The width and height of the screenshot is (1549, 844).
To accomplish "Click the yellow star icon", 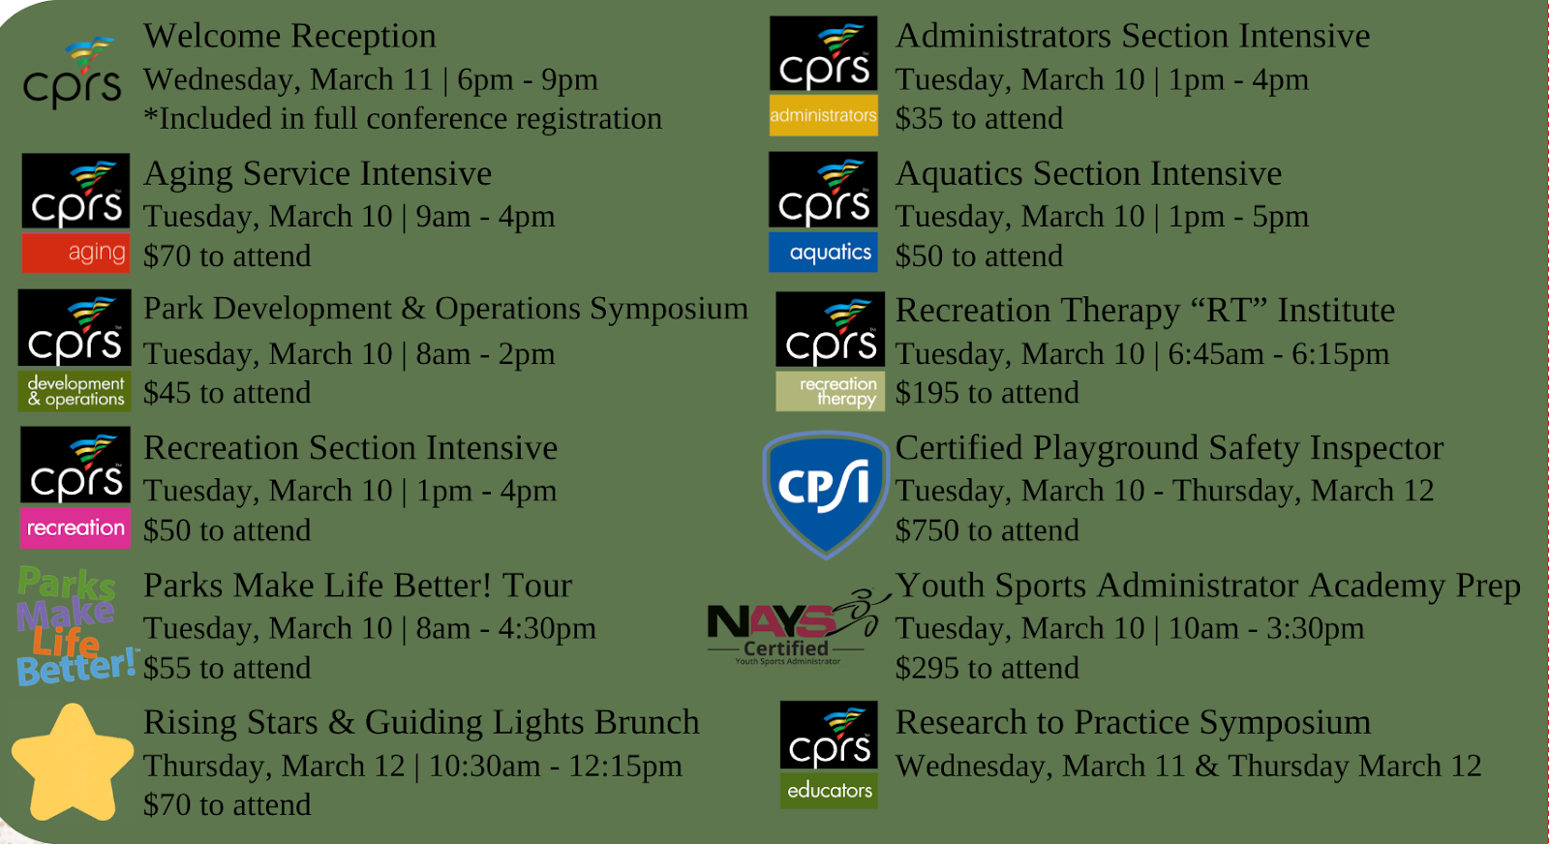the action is tap(73, 764).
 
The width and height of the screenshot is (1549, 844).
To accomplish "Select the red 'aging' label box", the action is tap(76, 253).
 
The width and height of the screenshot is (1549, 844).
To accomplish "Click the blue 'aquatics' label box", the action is tap(823, 252).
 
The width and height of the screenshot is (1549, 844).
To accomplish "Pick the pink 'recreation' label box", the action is tap(76, 528).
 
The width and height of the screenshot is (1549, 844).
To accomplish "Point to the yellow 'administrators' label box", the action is tap(824, 115).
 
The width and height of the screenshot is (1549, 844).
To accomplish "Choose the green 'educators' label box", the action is tap(829, 790).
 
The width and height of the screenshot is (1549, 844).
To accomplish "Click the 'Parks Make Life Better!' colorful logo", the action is tap(75, 626).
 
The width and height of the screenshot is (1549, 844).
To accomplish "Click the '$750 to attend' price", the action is tap(987, 530).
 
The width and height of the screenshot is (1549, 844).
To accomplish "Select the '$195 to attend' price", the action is tap(987, 393).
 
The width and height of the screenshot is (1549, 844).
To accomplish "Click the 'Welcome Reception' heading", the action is tap(289, 36).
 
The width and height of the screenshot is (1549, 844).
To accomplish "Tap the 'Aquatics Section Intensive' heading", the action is tap(1088, 173).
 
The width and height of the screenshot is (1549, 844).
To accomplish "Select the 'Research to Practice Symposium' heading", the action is tap(1133, 723).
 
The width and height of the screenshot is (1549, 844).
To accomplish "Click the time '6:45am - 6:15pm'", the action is tap(1279, 354).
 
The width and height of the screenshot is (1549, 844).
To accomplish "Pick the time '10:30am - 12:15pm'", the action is tap(556, 766).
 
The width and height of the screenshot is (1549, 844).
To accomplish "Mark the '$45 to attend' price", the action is tap(227, 393).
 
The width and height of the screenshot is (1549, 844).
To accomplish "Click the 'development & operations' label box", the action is tap(75, 391).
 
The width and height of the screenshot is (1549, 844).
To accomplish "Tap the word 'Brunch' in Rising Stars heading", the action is tap(647, 722).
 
